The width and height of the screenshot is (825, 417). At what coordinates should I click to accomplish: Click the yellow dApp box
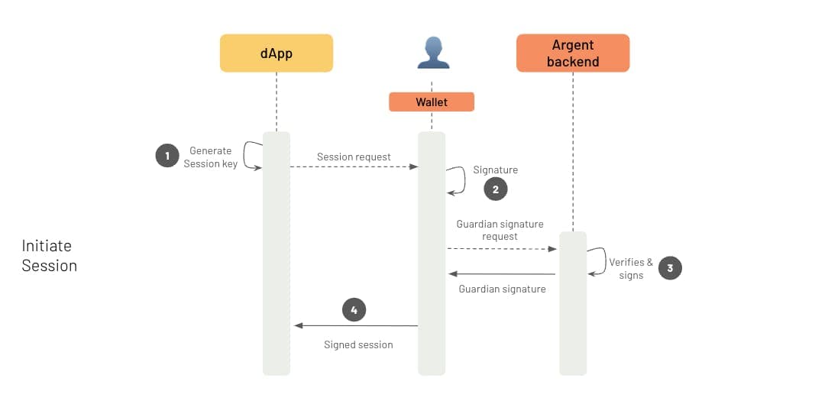pyautogui.click(x=277, y=53)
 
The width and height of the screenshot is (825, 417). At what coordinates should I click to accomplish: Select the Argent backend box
pyautogui.click(x=573, y=53)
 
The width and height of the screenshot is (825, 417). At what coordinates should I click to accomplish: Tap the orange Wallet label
pyautogui.click(x=432, y=102)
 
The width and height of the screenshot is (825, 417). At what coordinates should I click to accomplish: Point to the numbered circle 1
pyautogui.click(x=166, y=157)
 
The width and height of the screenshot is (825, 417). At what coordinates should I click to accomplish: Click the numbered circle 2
pyautogui.click(x=495, y=189)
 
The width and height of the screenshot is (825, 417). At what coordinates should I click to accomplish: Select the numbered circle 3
pyautogui.click(x=670, y=268)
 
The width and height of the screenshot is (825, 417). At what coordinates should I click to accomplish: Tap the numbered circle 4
pyautogui.click(x=354, y=309)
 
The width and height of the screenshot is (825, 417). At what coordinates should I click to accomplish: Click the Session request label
pyautogui.click(x=354, y=157)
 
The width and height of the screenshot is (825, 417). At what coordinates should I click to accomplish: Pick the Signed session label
pyautogui.click(x=358, y=344)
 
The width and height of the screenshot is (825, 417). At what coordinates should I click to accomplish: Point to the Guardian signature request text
pyautogui.click(x=500, y=230)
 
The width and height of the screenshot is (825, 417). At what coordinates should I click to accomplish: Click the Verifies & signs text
pyautogui.click(x=631, y=268)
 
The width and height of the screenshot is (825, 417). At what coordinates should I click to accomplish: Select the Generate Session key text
pyautogui.click(x=211, y=157)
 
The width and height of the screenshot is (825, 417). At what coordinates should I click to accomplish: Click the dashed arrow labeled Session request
pyautogui.click(x=354, y=166)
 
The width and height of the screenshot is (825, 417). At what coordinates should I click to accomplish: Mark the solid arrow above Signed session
pyautogui.click(x=356, y=325)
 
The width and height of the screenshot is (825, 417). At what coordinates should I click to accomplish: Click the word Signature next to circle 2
pyautogui.click(x=495, y=170)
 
